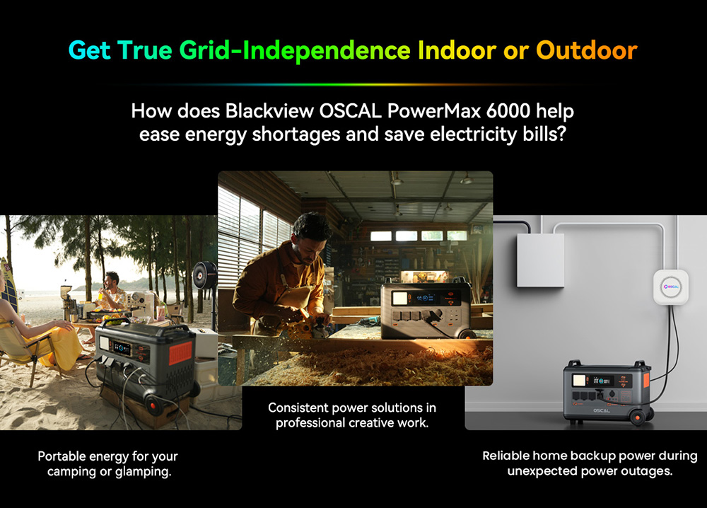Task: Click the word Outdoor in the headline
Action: click(x=586, y=50)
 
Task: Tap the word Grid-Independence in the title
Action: click(x=295, y=50)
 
